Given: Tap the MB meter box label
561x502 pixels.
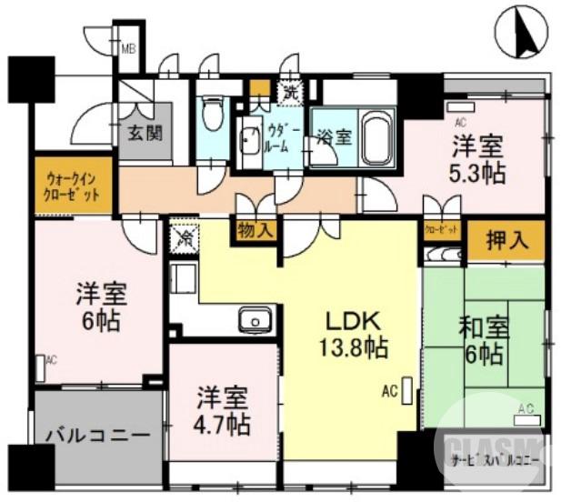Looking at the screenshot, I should [129, 49].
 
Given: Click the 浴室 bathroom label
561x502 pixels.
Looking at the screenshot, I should [334, 138].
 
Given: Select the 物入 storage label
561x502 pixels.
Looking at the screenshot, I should [255, 230].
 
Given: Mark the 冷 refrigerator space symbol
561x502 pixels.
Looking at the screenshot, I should [182, 237].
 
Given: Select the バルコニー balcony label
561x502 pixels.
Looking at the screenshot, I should [98, 435].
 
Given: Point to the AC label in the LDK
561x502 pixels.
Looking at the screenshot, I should [389, 393].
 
